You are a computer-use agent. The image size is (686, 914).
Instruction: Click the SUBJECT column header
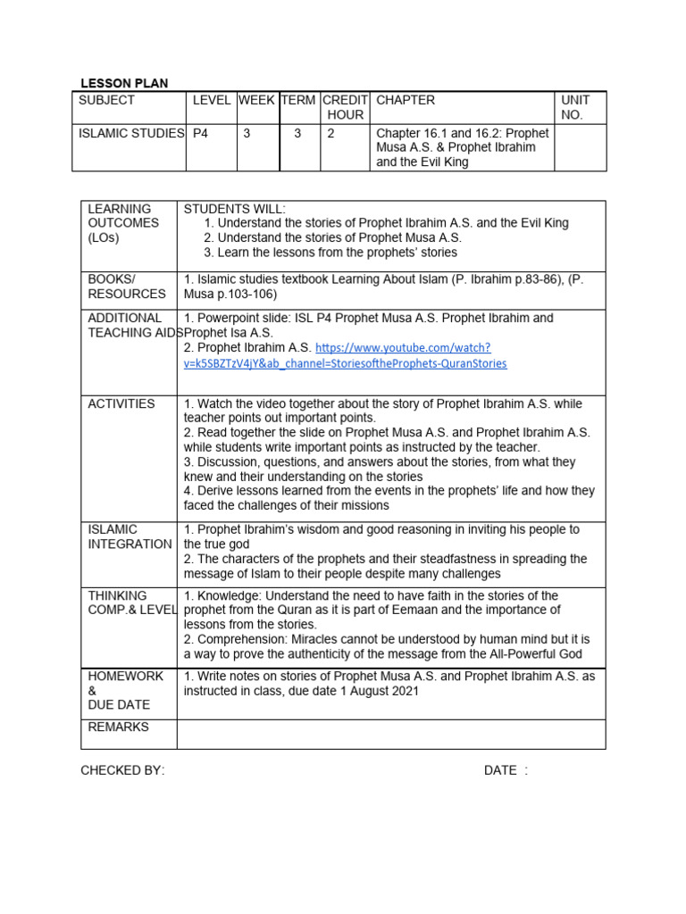[x=106, y=100]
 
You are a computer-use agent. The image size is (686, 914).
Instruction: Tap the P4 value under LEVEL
[x=201, y=133]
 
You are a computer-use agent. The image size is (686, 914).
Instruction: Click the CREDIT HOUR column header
[x=345, y=107]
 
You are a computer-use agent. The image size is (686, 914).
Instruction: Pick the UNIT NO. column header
[x=576, y=107]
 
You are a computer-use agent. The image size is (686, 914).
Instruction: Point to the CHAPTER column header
[x=406, y=100]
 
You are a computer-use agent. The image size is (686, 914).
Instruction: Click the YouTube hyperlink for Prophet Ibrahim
[x=411, y=355]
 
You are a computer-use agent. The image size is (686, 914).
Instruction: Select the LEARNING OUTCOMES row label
[x=123, y=223]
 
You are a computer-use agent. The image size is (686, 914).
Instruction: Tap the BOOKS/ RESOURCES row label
[x=127, y=286]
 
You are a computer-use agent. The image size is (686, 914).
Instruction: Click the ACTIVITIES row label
[x=121, y=403]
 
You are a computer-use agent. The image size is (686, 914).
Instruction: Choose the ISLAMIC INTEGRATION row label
[x=129, y=536]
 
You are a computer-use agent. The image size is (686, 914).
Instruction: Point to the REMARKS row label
[x=119, y=727]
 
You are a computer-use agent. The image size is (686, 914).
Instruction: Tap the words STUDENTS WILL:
[x=235, y=208]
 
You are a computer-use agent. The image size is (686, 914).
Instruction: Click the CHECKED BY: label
[x=122, y=770]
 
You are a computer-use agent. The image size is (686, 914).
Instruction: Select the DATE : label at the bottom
[x=506, y=770]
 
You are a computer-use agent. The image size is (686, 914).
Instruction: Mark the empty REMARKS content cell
[x=390, y=734]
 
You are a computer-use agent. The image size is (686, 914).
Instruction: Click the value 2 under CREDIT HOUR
[x=330, y=133]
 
